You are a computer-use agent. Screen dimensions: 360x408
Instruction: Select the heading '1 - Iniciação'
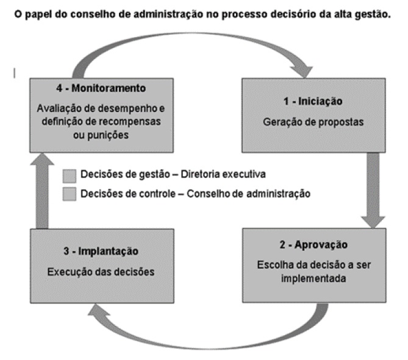(x=312, y=101)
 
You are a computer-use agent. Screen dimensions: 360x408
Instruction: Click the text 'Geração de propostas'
(x=313, y=121)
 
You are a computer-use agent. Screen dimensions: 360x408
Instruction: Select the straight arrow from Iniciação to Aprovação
(x=373, y=189)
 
